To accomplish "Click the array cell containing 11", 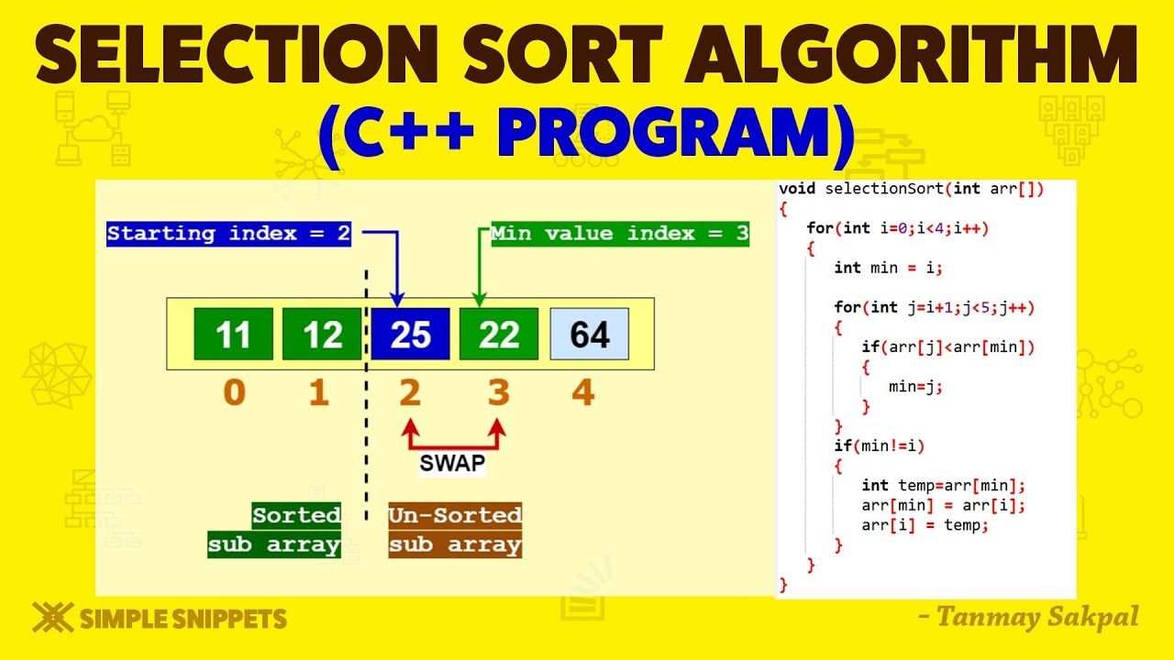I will coord(233,335).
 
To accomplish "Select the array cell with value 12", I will coord(322,335).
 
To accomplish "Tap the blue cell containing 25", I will coord(410,335).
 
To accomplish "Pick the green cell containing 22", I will coord(499,335).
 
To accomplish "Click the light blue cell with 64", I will coord(589,335).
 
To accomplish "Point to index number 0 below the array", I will coord(235,393).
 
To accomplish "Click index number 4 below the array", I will coord(583,393).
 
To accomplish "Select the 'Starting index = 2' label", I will coord(229,234).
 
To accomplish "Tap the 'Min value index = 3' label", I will coord(620,234).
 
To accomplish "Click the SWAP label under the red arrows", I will coord(452,464).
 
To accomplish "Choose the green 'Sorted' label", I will coord(296,515).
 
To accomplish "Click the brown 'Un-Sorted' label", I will coord(455,515).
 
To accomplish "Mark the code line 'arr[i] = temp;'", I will coord(925,525).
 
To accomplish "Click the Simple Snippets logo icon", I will coord(52,618).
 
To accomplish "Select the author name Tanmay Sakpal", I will coord(1036,618).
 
